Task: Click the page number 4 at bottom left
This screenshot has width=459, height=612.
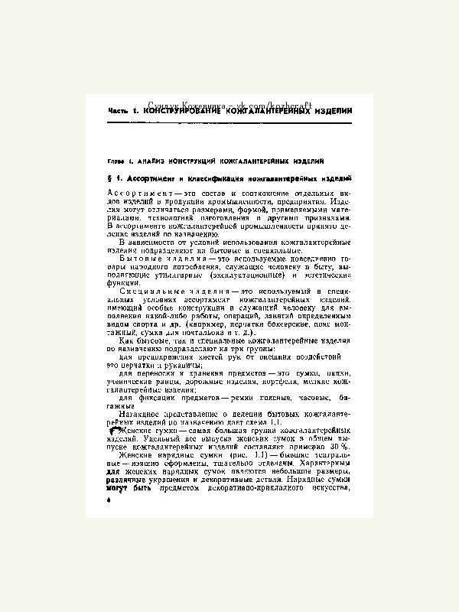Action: pyautogui.click(x=110, y=498)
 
